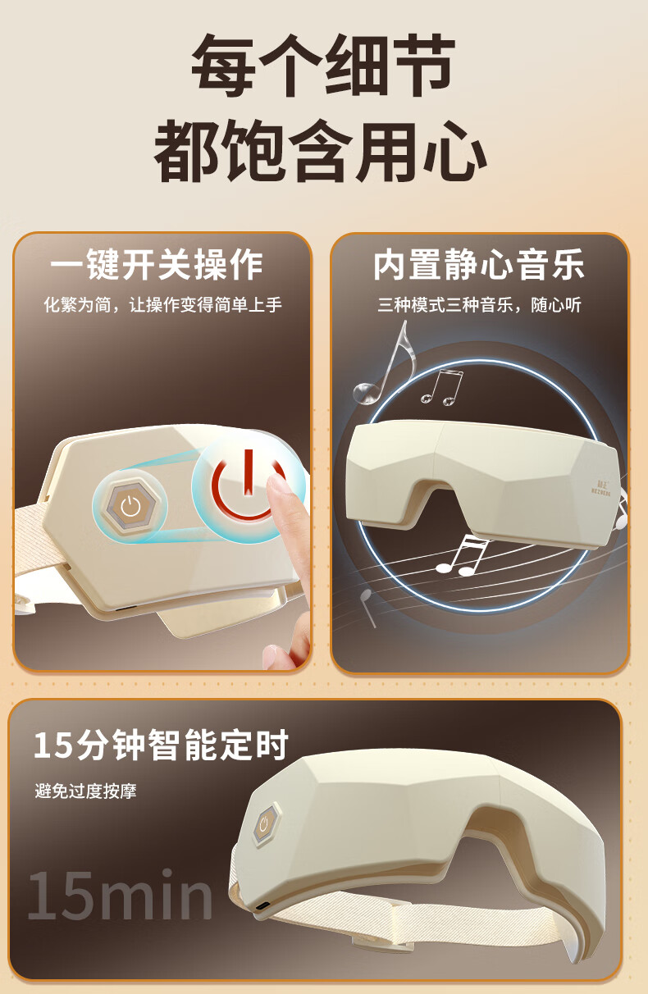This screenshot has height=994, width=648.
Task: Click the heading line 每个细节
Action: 323,66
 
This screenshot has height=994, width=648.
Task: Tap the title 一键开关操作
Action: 157,264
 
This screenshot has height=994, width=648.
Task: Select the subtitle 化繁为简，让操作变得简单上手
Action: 163,305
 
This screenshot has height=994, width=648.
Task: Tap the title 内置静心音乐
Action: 478,264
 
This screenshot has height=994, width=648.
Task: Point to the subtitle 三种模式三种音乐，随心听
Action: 479,305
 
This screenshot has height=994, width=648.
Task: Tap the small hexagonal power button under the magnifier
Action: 130,505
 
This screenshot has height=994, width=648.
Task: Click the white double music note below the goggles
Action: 462,557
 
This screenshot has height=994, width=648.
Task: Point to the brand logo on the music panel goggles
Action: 601,487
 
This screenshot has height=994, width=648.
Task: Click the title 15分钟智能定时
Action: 161,745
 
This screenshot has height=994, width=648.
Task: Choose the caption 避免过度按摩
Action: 85,791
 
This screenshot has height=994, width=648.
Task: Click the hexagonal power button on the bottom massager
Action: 265,823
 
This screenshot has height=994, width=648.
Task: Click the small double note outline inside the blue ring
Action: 442,387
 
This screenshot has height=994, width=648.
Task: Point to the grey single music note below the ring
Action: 367,607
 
